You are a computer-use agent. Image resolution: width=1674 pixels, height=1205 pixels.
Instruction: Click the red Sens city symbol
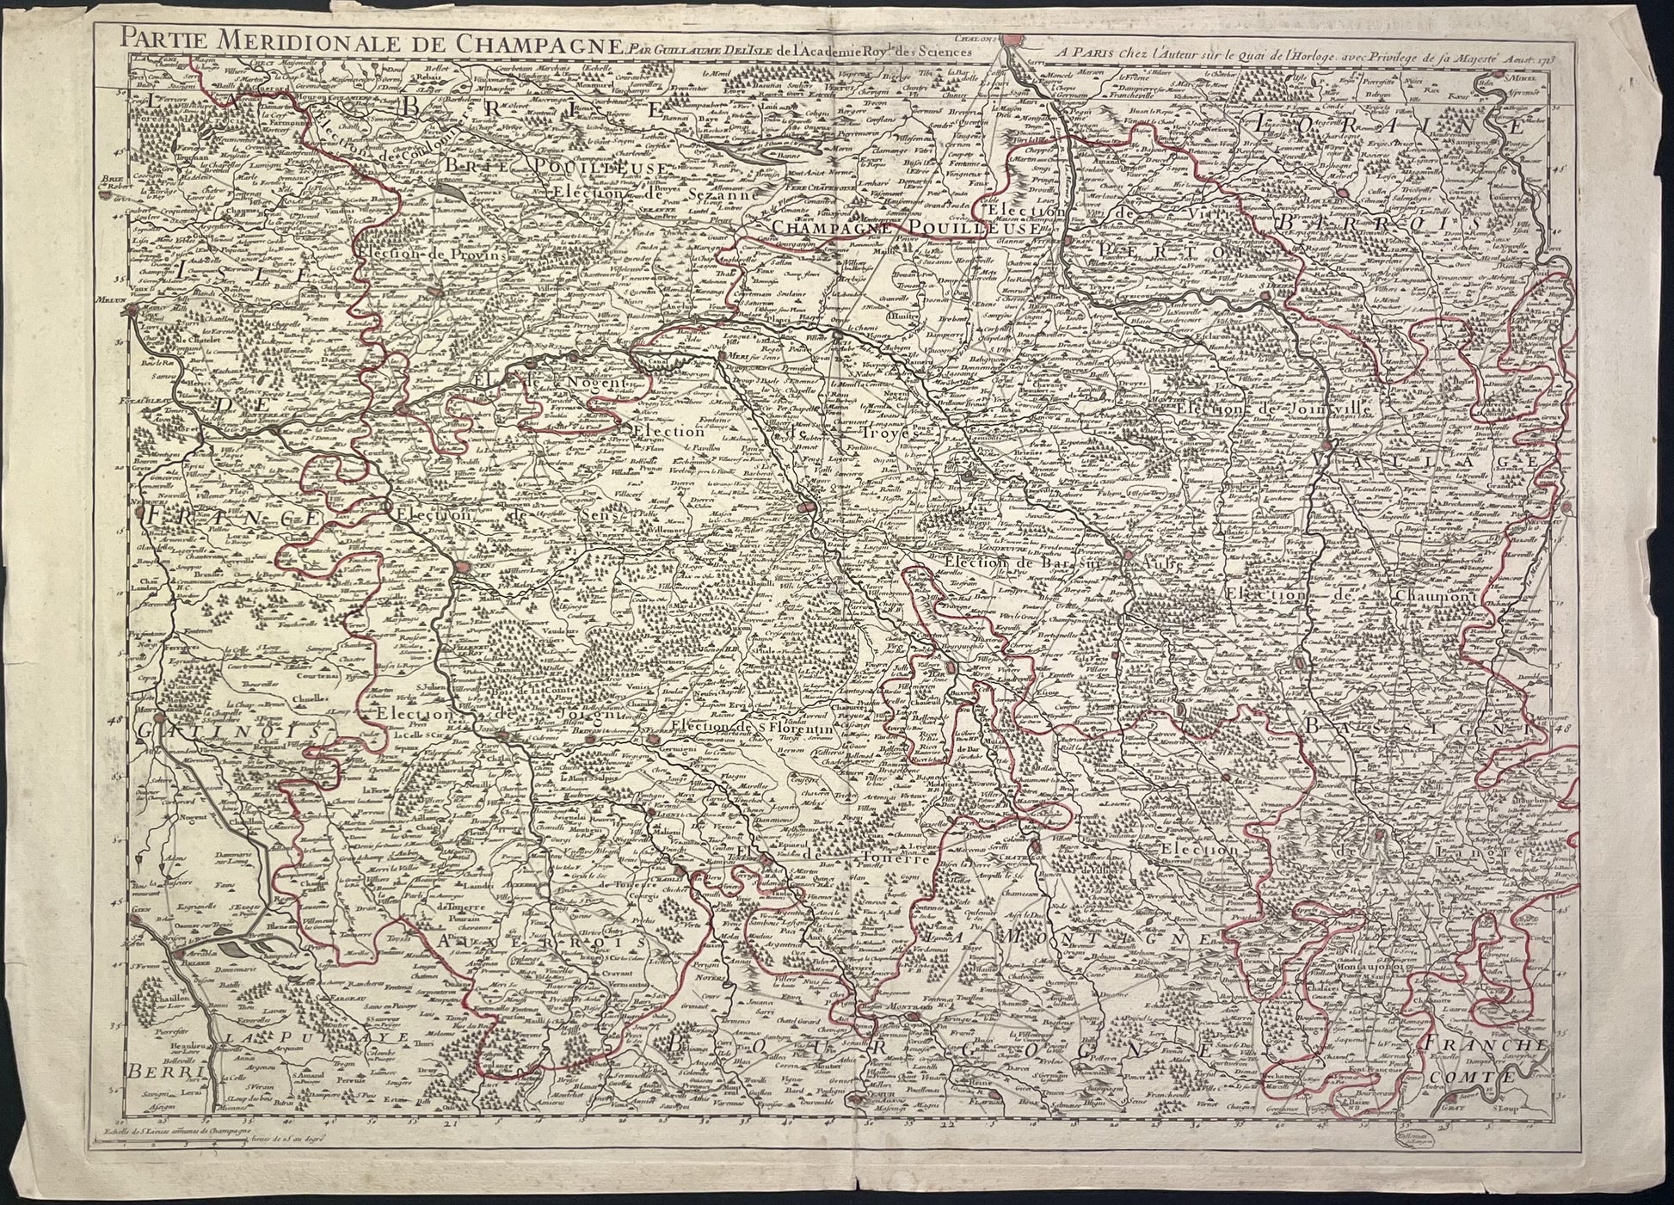coord(465,567)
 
